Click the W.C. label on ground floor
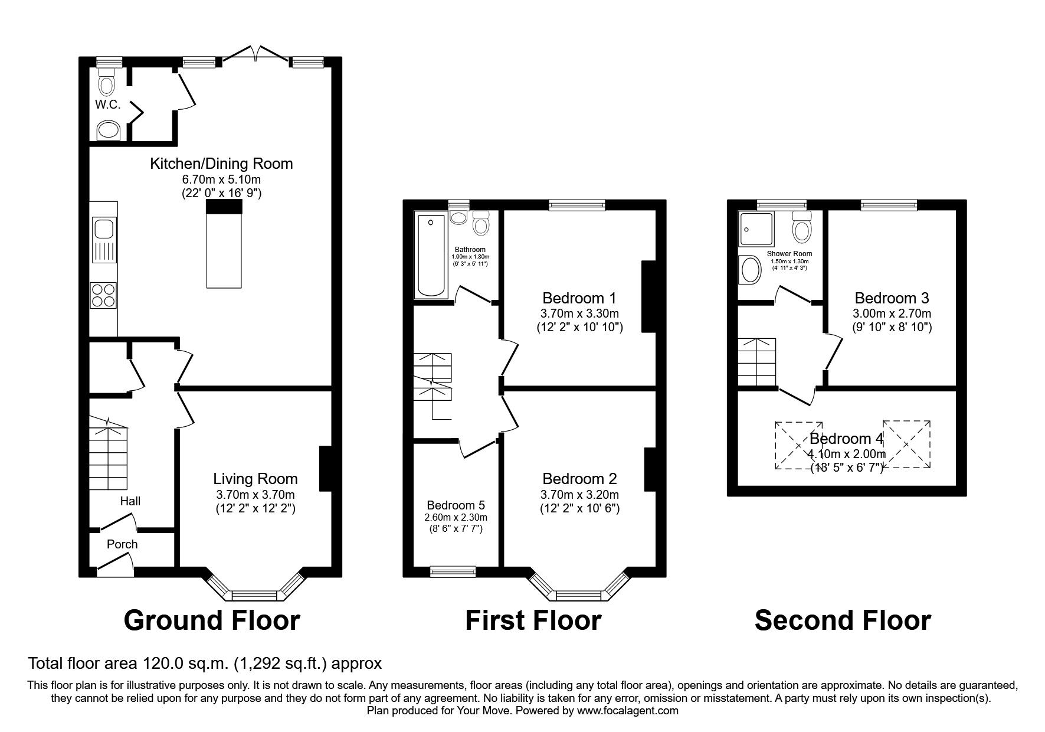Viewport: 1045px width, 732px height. tap(107, 104)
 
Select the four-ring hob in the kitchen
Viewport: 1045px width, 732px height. tap(104, 295)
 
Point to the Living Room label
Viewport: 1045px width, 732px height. tap(255, 479)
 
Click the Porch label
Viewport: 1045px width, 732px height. tap(122, 544)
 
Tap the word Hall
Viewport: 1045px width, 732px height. tap(130, 501)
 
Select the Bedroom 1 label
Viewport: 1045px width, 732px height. tap(579, 298)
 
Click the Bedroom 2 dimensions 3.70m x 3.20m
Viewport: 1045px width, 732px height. tap(579, 495)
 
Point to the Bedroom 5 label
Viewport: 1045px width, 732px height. tap(456, 505)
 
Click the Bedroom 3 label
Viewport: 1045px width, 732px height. tap(892, 298)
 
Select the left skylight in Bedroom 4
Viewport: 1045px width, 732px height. tap(798, 445)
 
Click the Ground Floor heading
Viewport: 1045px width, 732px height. tap(212, 620)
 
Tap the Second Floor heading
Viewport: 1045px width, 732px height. tap(843, 620)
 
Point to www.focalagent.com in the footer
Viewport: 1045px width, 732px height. tap(627, 711)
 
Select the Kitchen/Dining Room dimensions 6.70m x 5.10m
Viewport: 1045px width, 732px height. tap(221, 179)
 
